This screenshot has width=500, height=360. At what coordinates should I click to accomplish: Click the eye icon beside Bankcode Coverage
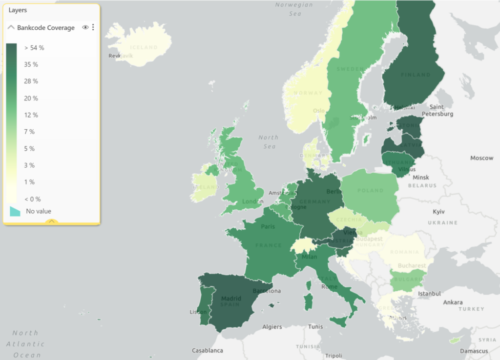tap(85, 27)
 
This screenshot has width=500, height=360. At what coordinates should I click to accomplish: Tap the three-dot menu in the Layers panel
tap(93, 27)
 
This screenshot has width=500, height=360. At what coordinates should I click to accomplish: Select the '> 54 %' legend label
tap(34, 48)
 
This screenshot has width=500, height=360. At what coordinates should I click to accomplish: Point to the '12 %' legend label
tap(31, 115)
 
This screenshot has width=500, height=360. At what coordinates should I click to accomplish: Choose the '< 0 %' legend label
tap(32, 199)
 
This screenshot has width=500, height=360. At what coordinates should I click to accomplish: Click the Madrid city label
tap(231, 299)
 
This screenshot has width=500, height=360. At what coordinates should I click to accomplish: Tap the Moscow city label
tap(481, 158)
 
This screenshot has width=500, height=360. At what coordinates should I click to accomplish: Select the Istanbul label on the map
tap(429, 294)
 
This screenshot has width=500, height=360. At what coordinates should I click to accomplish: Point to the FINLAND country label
tap(416, 75)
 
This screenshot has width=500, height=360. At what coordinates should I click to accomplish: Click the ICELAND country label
tap(144, 47)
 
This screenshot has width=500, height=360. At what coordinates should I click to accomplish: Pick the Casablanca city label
tap(208, 350)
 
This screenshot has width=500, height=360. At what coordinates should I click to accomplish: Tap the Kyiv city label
tap(439, 212)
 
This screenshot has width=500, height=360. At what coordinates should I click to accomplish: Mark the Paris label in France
tap(268, 226)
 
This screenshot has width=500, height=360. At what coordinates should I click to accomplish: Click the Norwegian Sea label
tap(294, 9)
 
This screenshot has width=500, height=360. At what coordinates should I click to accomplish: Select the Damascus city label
tap(474, 351)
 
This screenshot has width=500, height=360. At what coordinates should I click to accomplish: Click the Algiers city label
tap(272, 327)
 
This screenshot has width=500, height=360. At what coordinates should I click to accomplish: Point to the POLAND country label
tap(370, 191)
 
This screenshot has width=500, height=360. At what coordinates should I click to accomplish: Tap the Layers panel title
tap(18, 10)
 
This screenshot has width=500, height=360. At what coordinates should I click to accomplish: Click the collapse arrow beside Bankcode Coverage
tap(11, 27)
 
